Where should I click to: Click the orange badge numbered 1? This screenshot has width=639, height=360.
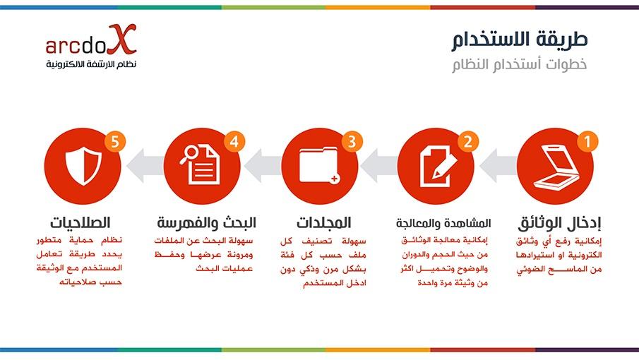pyautogui.click(x=587, y=141)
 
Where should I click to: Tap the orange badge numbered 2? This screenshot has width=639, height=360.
pyautogui.click(x=468, y=141)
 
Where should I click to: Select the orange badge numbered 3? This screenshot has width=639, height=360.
pyautogui.click(x=352, y=141)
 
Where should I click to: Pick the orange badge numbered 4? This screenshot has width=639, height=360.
pyautogui.click(x=234, y=141)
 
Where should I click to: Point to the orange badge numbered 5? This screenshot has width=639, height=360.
pyautogui.click(x=115, y=141)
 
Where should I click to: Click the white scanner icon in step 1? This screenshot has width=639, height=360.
pyautogui.click(x=556, y=168)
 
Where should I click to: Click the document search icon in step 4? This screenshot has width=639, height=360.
pyautogui.click(x=200, y=164)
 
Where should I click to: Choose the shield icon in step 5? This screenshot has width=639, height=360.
pyautogui.click(x=83, y=166)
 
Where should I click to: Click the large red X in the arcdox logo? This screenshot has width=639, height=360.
pyautogui.click(x=122, y=39)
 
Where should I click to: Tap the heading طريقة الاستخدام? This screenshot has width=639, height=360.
pyautogui.click(x=519, y=40)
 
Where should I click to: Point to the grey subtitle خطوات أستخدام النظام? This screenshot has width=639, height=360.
pyautogui.click(x=519, y=64)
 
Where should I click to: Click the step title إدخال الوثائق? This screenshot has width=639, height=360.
pyautogui.click(x=559, y=223)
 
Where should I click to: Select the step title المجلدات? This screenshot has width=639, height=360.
pyautogui.click(x=323, y=223)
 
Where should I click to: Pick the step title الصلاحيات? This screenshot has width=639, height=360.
pyautogui.click(x=80, y=223)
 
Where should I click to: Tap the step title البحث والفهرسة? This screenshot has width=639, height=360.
pyautogui.click(x=207, y=223)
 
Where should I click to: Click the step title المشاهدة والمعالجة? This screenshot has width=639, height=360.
pyautogui.click(x=443, y=223)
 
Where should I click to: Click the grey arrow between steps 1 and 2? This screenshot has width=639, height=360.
pyautogui.click(x=498, y=166)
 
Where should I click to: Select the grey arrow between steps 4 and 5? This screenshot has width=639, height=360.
pyautogui.click(x=145, y=166)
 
